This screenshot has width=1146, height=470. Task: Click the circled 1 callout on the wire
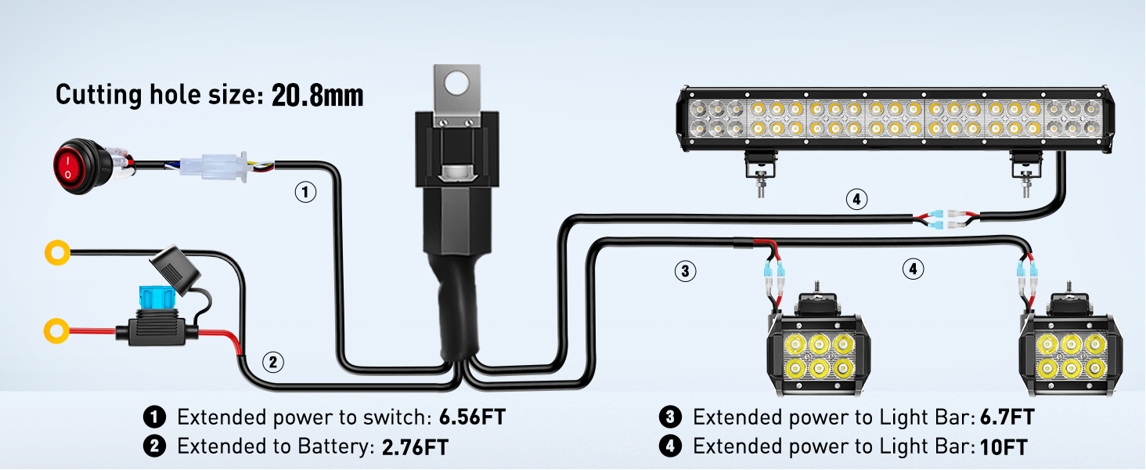point(306,191)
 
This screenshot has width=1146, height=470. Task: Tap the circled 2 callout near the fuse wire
point(272,362)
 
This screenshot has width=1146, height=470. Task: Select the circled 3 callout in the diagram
point(685,271)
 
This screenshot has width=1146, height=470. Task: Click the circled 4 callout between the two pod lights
point(912,269)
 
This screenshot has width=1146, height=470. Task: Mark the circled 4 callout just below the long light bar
point(856,200)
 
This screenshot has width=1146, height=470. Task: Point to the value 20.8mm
point(317,96)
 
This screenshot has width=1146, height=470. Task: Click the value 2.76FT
point(415,447)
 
